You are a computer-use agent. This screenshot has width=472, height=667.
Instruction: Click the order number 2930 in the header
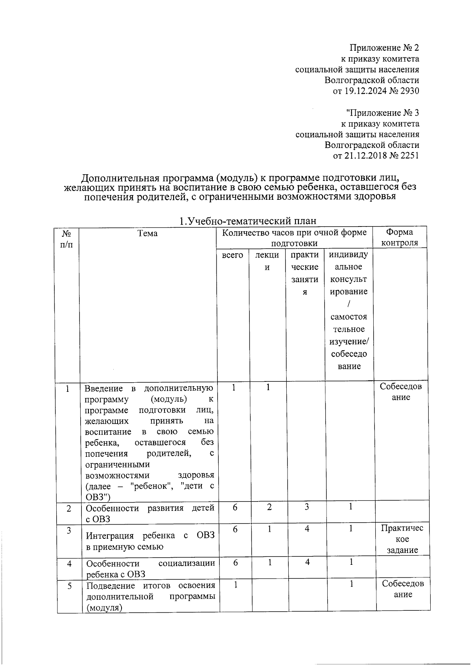(x=409, y=91)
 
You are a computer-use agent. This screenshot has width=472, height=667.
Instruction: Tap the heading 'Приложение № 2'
(x=384, y=48)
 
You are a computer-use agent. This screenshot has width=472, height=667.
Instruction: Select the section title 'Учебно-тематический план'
(x=252, y=221)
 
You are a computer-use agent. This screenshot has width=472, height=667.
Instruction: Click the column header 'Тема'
(x=148, y=234)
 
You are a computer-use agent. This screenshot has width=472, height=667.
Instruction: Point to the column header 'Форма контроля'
(x=400, y=238)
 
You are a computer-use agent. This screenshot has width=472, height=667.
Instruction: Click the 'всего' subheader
(x=232, y=255)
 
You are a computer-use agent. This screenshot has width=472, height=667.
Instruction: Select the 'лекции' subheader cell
(x=267, y=261)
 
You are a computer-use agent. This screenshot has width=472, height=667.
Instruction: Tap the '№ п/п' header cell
(x=67, y=238)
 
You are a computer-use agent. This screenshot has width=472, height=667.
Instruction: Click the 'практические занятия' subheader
(x=304, y=273)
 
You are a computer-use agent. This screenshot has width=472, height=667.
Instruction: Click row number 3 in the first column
(x=68, y=531)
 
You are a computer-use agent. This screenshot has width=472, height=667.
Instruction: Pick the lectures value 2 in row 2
(x=269, y=507)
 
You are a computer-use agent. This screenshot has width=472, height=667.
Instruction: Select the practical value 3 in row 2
(x=307, y=507)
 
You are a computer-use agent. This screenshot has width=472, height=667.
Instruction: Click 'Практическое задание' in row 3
(x=402, y=539)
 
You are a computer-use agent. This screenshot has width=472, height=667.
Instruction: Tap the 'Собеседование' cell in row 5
(x=403, y=589)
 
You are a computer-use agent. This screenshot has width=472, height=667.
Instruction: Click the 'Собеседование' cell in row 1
(x=401, y=392)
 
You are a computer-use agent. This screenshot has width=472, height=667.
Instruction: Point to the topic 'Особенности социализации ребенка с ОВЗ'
(x=150, y=569)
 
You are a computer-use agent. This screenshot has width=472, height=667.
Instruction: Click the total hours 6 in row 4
(x=235, y=563)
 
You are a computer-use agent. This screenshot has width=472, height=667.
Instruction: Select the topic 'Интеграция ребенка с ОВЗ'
(x=150, y=541)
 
